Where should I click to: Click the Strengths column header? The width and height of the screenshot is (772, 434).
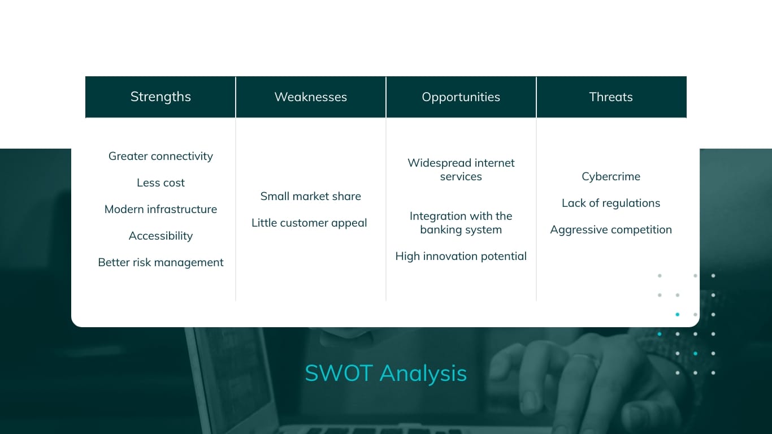pyautogui.click(x=161, y=97)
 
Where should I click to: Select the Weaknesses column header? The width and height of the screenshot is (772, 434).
pyautogui.click(x=310, y=97)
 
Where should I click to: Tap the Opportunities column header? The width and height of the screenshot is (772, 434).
pyautogui.click(x=461, y=97)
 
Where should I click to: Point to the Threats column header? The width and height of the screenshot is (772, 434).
pyautogui.click(x=611, y=97)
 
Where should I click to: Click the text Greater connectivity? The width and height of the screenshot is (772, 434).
pyautogui.click(x=161, y=156)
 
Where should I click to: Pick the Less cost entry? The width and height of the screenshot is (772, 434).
pyautogui.click(x=161, y=183)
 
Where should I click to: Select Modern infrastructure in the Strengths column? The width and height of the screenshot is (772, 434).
pyautogui.click(x=161, y=209)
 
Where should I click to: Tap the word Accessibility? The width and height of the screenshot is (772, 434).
pyautogui.click(x=161, y=236)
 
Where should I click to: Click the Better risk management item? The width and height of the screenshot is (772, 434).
pyautogui.click(x=161, y=262)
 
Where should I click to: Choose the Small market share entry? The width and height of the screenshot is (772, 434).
pyautogui.click(x=310, y=196)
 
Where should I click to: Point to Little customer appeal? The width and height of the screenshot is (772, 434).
pyautogui.click(x=309, y=223)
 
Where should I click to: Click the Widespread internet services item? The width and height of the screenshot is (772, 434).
pyautogui.click(x=461, y=170)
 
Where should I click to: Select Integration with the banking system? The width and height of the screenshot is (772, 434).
pyautogui.click(x=461, y=223)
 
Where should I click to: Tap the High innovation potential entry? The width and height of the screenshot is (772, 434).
pyautogui.click(x=461, y=256)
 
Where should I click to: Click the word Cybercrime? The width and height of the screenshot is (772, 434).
pyautogui.click(x=611, y=176)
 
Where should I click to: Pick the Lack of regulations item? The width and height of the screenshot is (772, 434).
pyautogui.click(x=611, y=203)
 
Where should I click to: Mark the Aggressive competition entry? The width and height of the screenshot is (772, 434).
pyautogui.click(x=611, y=229)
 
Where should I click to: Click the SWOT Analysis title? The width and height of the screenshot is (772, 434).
pyautogui.click(x=385, y=374)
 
